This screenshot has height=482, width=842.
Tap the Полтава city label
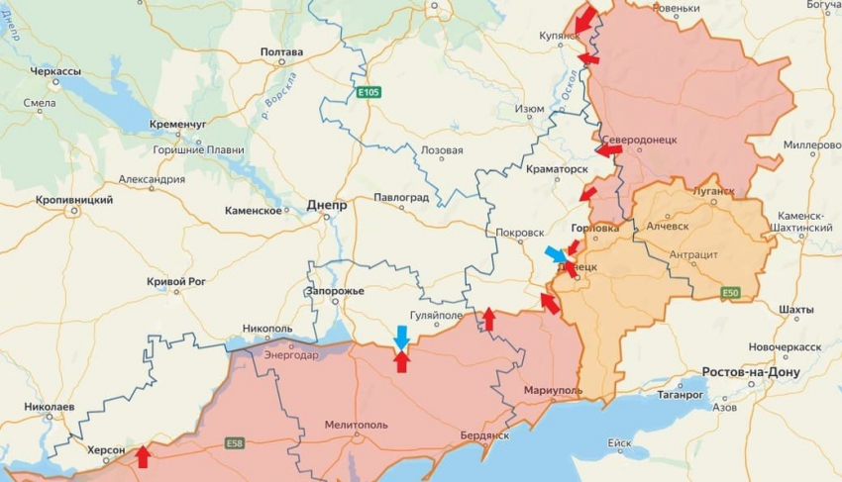(x=281, y=51)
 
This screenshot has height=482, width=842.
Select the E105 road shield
(x=369, y=92)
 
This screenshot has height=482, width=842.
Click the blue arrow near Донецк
(x=556, y=254)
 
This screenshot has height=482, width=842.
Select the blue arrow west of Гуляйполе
(x=400, y=337)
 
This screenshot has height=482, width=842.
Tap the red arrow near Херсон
(x=143, y=456)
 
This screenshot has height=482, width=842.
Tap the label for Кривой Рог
(x=179, y=282)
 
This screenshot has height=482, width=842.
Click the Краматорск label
(x=558, y=169)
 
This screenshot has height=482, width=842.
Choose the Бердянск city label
(x=484, y=435)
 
